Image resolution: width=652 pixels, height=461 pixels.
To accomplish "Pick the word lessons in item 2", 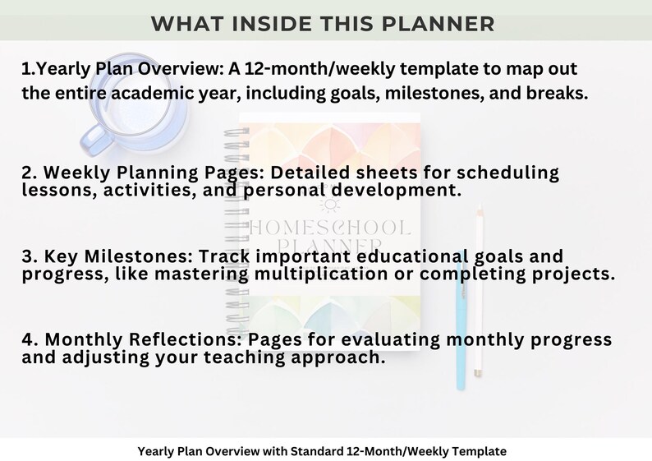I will (x=54, y=190).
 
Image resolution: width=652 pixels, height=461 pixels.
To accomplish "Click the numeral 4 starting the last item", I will (x=28, y=340).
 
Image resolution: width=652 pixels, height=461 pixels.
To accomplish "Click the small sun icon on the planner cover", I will (x=331, y=206).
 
